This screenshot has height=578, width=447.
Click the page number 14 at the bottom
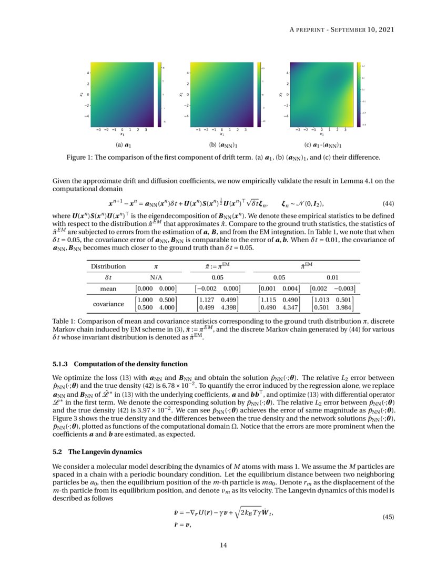click(223, 545)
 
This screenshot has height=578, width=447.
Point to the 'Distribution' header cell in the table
click(108, 266)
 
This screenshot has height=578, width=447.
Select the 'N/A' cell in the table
click(156, 277)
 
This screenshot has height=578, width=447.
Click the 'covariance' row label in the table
click(108, 304)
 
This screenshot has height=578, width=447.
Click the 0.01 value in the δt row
click(332, 277)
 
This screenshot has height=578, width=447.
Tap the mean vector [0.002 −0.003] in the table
click(332, 288)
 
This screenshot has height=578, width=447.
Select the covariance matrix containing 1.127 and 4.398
click(217, 304)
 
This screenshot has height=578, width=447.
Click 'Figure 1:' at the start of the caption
click(80, 157)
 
